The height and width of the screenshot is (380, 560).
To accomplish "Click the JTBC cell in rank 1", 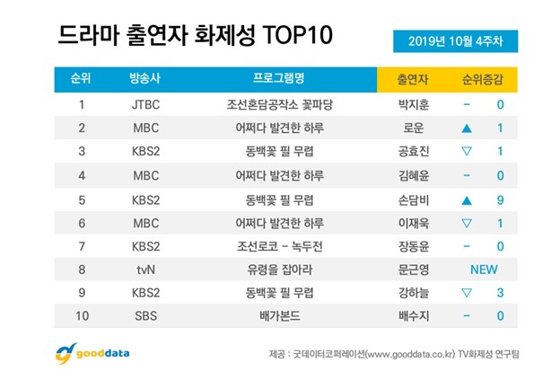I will (x=146, y=105).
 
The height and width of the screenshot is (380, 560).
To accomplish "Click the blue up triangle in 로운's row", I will (x=466, y=128).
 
